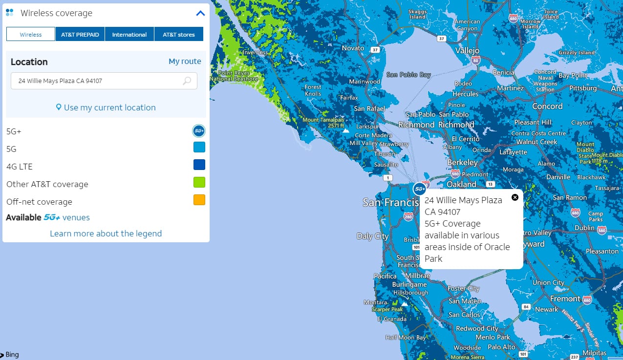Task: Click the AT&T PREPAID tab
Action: (x=80, y=35)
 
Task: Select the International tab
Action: (x=129, y=35)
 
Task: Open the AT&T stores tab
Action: (x=179, y=35)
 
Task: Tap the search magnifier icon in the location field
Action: (x=187, y=81)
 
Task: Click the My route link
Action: (x=185, y=62)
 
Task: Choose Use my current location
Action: (x=106, y=107)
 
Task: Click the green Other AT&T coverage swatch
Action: (x=199, y=182)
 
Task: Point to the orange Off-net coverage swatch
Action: (x=199, y=200)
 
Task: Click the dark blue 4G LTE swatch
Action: (x=199, y=165)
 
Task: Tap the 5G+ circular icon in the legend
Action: (x=199, y=131)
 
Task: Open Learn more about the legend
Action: (x=106, y=233)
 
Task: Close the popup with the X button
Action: (x=515, y=197)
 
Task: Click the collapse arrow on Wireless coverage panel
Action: (x=200, y=13)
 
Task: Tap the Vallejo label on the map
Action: (x=468, y=51)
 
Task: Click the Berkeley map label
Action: (x=462, y=162)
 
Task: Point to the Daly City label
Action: (x=372, y=236)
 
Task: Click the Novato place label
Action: (x=353, y=48)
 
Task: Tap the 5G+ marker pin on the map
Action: (x=419, y=189)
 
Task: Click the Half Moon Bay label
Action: (x=406, y=338)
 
